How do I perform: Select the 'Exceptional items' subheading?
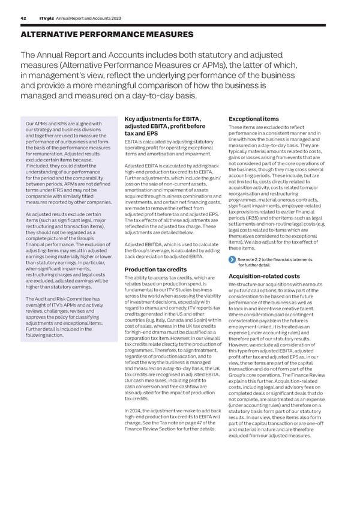point(248,119)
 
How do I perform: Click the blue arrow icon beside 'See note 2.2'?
point(232,260)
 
